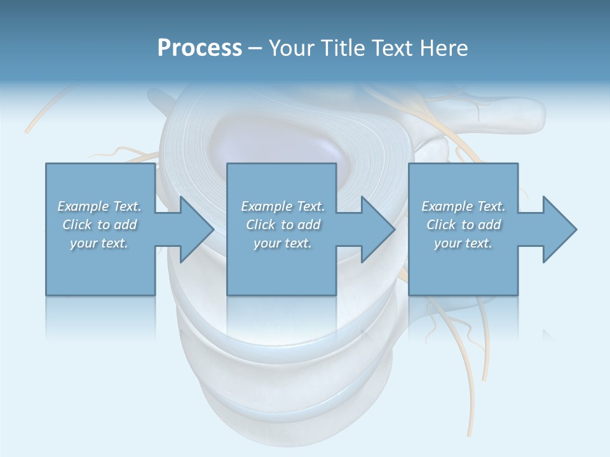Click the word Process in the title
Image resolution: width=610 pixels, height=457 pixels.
200,48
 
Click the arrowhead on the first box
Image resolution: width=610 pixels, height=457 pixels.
193,229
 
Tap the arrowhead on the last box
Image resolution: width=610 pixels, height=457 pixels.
557,229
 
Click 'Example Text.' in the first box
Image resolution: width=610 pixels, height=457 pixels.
100,206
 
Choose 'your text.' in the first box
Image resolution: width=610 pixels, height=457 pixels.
100,243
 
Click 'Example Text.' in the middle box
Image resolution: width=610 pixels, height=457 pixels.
283,206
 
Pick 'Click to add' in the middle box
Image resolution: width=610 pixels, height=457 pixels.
283,225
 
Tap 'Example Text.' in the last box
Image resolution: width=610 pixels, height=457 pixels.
463,206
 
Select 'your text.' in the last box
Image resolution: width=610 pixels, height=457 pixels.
463,243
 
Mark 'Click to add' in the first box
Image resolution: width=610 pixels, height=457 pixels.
100,225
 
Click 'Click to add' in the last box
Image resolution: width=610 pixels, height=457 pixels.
463,225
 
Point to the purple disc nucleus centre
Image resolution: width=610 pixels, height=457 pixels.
280,143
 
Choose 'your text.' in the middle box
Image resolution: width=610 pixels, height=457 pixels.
283,243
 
